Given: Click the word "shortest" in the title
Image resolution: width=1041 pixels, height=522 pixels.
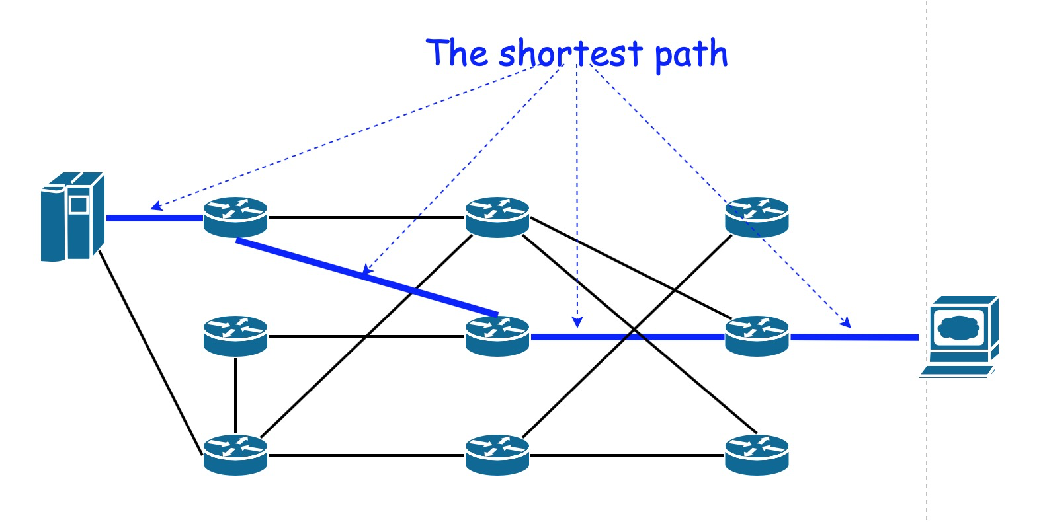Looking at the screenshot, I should tap(570, 54).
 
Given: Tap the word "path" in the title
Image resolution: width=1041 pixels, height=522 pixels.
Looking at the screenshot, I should tap(690, 55).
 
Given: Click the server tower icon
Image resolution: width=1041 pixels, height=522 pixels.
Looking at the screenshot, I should tap(72, 216).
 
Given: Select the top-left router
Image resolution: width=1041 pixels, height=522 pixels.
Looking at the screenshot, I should tap(235, 217).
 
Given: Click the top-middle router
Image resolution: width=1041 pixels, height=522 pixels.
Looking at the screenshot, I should tap(497, 217).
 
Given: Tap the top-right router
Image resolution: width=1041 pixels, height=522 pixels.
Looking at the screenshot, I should tap(757, 217).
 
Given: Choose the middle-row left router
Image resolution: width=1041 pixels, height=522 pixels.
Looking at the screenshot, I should tap(235, 336).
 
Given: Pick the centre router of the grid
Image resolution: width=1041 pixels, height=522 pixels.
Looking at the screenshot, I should tap(497, 336).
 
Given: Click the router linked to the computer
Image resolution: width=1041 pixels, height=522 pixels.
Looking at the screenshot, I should tap(757, 336).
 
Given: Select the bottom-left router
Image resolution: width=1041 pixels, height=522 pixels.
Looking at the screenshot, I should tap(235, 455).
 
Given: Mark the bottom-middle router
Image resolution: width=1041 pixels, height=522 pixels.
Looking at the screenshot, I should tap(497, 455).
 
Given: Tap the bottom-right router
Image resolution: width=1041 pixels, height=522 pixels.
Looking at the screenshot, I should tap(757, 455).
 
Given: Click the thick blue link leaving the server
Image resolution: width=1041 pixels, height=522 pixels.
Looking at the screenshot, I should tap(154, 217).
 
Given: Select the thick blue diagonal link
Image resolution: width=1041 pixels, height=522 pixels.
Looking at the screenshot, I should tap(367, 277).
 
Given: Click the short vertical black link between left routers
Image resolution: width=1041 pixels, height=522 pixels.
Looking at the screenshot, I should tap(235, 395).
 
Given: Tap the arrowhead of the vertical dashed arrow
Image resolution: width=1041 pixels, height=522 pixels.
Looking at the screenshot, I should tap(577, 322).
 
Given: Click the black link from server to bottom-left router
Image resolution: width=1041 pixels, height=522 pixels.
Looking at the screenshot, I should tap(151, 354).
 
